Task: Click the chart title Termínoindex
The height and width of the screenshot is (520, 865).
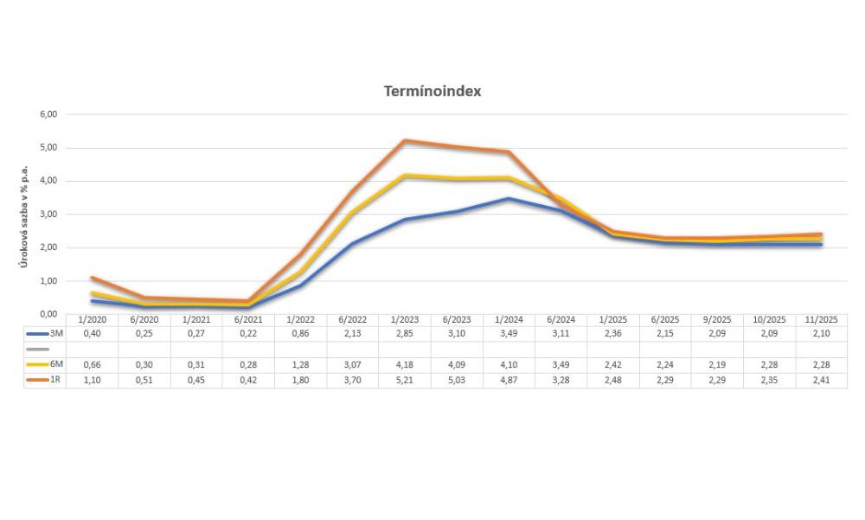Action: [x=432, y=91]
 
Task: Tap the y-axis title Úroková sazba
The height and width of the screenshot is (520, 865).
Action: [x=25, y=215]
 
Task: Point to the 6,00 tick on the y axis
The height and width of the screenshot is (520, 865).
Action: [x=48, y=114]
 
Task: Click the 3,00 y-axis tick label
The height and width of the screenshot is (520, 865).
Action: [x=48, y=215]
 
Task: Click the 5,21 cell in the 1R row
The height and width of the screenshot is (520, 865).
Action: [x=405, y=380]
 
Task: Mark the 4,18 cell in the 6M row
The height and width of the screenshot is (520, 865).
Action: [x=405, y=364]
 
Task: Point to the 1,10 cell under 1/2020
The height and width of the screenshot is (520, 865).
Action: [x=93, y=380]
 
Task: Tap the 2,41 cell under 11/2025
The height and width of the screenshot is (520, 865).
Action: [x=821, y=380]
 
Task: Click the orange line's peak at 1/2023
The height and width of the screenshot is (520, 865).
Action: [x=405, y=141]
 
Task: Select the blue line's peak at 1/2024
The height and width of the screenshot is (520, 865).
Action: [x=509, y=199]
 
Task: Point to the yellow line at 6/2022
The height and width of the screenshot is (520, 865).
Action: [x=353, y=212]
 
